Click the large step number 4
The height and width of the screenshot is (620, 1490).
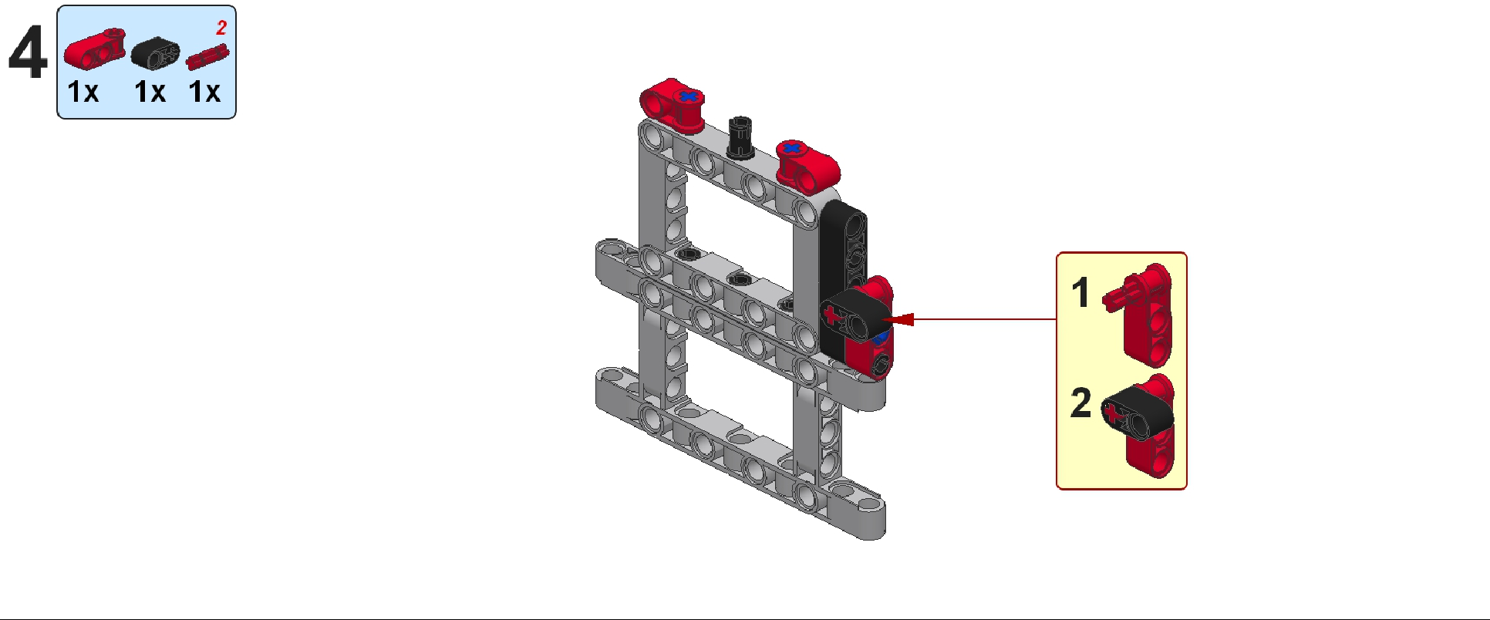tap(27, 52)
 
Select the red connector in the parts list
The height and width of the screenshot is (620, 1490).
tap(94, 48)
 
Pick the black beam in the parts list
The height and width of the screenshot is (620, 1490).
tap(155, 52)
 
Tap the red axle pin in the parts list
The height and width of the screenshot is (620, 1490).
tap(207, 57)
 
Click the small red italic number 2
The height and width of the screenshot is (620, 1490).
tap(221, 28)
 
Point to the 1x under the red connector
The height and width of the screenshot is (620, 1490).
tap(83, 92)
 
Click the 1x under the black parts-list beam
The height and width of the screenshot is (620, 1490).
tap(150, 92)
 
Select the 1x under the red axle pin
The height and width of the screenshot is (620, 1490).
tap(204, 92)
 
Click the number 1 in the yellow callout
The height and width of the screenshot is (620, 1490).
tap(1081, 293)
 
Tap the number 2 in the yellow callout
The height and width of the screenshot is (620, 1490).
tap(1081, 403)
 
